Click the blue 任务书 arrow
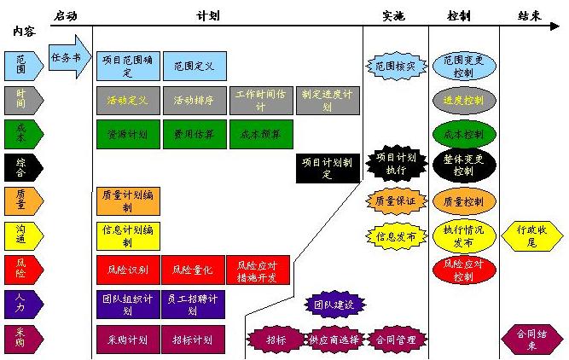click(x=68, y=57)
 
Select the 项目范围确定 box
click(x=128, y=66)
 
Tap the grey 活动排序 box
click(x=195, y=100)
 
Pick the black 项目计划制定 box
click(x=328, y=168)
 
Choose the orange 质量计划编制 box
click(x=128, y=201)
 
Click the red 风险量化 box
click(x=193, y=270)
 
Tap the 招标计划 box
click(x=193, y=339)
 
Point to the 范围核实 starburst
click(x=396, y=66)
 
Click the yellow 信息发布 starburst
click(x=396, y=235)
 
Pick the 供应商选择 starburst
click(x=334, y=339)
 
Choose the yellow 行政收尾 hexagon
click(x=531, y=235)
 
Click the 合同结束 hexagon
click(x=531, y=339)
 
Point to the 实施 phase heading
click(x=394, y=15)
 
